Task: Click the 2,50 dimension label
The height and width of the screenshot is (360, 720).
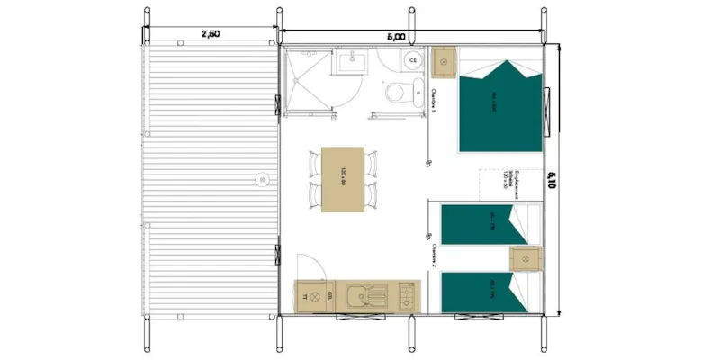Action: click(210, 33)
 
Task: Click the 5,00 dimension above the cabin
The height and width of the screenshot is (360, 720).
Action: click(396, 37)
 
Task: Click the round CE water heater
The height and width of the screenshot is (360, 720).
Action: click(412, 60)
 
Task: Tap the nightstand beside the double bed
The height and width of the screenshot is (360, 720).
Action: click(445, 62)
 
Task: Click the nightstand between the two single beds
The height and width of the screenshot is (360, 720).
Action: click(526, 258)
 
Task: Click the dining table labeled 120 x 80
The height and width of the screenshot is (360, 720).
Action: click(343, 179)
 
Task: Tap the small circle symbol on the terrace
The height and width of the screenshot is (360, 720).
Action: click(262, 177)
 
